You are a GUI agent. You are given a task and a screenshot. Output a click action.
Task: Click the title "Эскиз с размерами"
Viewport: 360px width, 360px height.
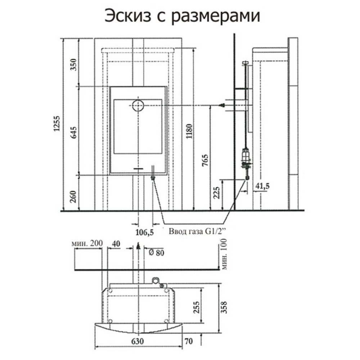click(x=182, y=16)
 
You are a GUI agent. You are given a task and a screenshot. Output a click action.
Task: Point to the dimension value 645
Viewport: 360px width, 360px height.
click(x=74, y=133)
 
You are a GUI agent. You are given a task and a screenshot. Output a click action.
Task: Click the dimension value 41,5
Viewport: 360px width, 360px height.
click(x=262, y=186)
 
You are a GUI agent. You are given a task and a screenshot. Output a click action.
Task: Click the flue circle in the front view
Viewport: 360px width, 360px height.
click(x=138, y=105)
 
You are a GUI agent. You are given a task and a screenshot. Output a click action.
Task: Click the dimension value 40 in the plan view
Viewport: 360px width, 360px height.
click(x=116, y=244)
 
